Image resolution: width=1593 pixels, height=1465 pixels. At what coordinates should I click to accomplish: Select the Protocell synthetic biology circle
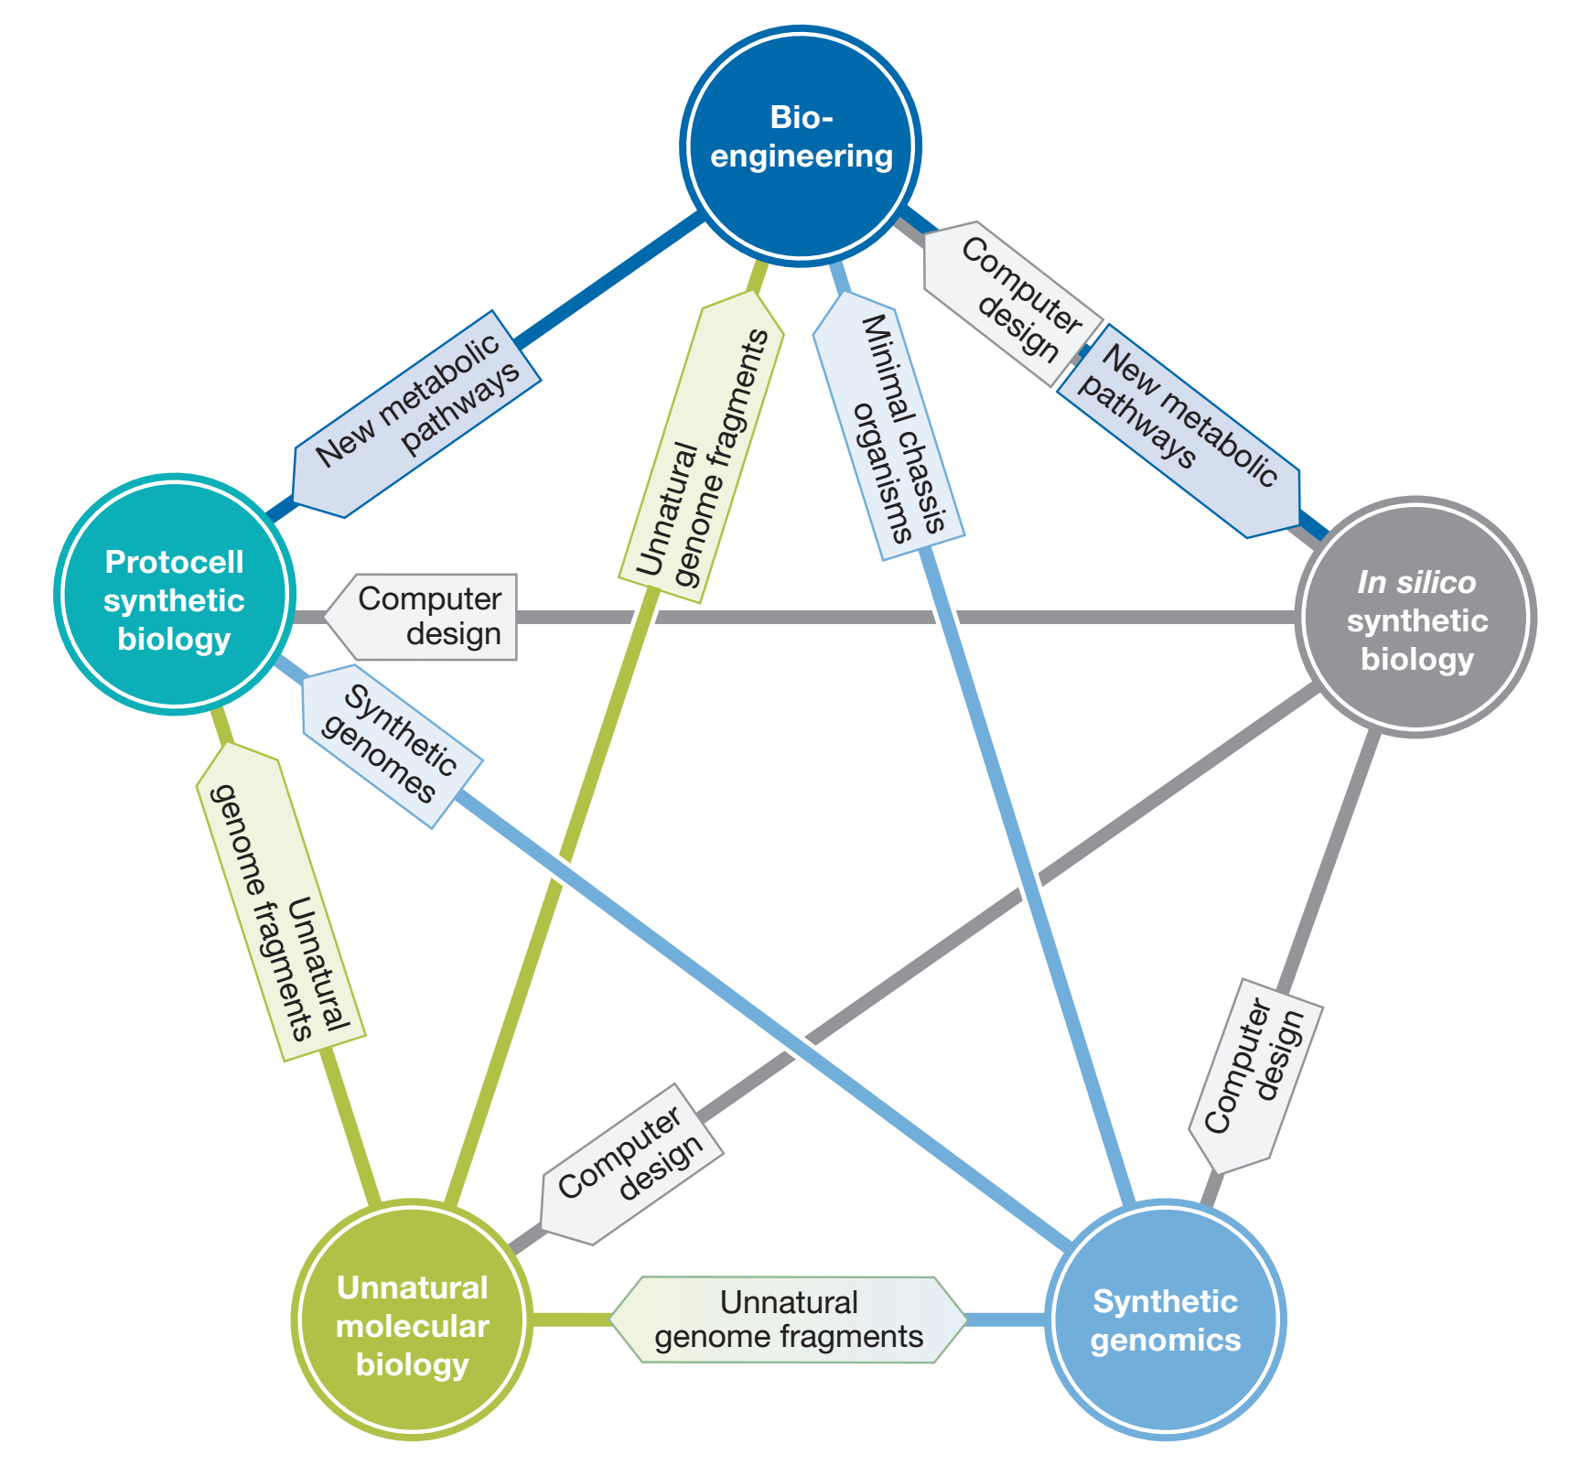(x=174, y=595)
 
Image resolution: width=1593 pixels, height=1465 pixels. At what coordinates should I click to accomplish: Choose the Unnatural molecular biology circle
(x=412, y=1320)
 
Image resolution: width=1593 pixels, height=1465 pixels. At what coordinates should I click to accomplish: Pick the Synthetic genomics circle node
(x=1165, y=1320)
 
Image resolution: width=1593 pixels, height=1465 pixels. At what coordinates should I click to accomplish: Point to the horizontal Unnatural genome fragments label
(x=788, y=1320)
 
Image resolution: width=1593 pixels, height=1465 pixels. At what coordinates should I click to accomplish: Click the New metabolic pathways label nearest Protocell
(x=416, y=414)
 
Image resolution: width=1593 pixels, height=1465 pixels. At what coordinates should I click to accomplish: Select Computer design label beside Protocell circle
(x=430, y=616)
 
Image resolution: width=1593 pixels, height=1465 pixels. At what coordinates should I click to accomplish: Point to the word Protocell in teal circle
(x=174, y=562)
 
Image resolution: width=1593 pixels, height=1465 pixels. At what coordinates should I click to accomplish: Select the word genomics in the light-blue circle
(x=1165, y=1341)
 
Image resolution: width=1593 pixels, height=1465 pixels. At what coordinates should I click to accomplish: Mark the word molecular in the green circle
(x=412, y=1326)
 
